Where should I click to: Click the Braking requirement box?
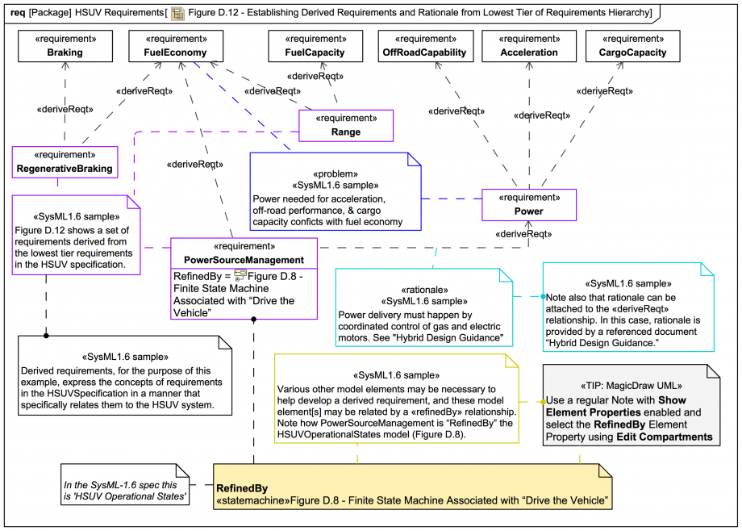[65, 46]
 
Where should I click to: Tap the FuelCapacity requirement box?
[315, 46]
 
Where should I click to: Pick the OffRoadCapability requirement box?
[424, 46]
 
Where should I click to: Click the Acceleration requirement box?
[529, 46]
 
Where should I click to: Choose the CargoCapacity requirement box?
[633, 46]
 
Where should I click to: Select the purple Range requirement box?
[346, 125]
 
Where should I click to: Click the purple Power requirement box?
[529, 205]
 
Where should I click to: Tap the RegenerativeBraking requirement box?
[65, 161]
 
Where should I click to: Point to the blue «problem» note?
[336, 193]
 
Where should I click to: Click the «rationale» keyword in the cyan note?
[424, 289]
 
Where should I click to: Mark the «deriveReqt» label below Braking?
[63, 107]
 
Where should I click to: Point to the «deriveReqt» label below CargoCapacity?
[605, 91]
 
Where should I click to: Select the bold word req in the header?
[18, 14]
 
